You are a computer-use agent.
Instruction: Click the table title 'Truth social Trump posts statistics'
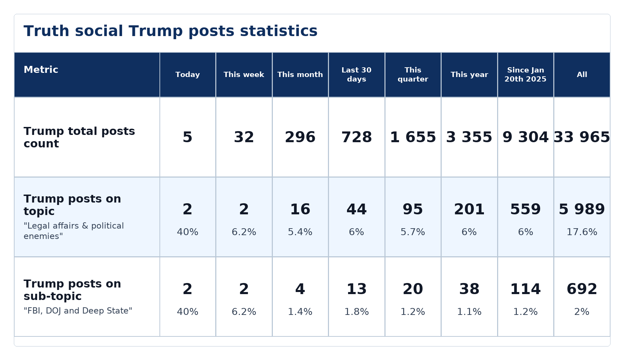coord(171,31)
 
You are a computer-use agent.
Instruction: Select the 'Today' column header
coord(188,75)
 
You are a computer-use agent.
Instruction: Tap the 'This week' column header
coord(244,75)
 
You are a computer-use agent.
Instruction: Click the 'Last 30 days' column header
coord(356,75)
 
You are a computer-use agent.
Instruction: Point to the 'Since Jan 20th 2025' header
coord(526,75)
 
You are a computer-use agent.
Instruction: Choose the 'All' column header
coord(582,75)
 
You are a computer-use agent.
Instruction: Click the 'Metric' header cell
coord(41,70)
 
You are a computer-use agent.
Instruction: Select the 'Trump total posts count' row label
coord(79,137)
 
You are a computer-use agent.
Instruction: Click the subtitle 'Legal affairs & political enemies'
coord(74,231)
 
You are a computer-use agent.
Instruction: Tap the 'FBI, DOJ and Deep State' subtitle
coord(78,311)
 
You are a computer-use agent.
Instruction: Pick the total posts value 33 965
coord(582,137)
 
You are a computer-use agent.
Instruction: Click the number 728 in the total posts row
coord(356,137)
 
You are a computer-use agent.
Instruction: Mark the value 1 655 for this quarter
coord(413,137)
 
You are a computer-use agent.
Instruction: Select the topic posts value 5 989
coord(582,209)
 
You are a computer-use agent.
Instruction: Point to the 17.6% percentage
coord(582,232)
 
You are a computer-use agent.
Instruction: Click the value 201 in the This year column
coord(469,209)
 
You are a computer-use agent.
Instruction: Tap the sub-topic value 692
coord(582,289)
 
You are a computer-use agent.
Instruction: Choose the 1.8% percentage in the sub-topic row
coord(356,312)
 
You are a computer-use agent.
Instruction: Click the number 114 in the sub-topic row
coord(526,289)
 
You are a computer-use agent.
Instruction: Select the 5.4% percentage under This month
coord(300,232)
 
